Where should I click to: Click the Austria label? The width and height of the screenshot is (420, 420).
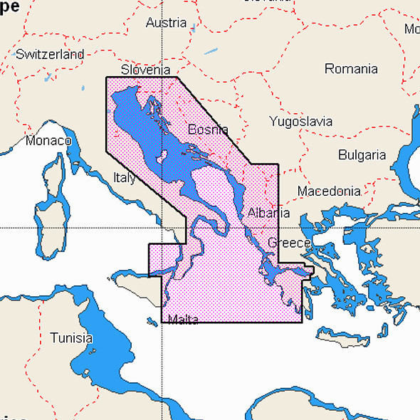(x=166, y=23)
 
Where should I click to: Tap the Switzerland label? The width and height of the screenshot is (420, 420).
(x=49, y=54)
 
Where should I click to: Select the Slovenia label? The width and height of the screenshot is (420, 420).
(x=145, y=70)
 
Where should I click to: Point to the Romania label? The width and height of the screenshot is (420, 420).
(x=351, y=69)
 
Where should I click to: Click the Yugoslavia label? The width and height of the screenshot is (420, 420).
(x=300, y=122)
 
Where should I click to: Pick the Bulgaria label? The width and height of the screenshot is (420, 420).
(x=362, y=155)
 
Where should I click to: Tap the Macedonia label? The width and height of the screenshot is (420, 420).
(x=328, y=191)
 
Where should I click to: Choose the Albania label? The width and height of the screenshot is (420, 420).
(x=268, y=214)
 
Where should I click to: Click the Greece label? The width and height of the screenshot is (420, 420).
(x=288, y=243)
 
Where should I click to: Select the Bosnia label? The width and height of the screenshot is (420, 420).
(x=208, y=130)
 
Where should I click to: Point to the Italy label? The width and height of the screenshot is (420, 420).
(x=124, y=178)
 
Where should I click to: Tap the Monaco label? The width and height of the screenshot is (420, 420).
(x=48, y=141)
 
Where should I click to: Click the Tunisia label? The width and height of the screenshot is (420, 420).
(x=70, y=337)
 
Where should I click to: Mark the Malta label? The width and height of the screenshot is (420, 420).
(x=183, y=320)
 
